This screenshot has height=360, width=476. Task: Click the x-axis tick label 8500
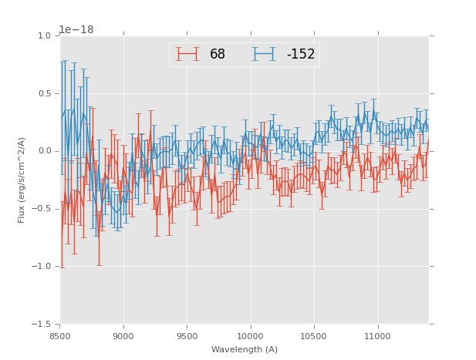click(60, 336)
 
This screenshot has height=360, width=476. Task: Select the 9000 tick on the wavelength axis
click(123, 336)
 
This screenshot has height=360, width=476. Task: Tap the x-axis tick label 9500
click(187, 336)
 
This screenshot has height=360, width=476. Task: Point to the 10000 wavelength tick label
click(250, 336)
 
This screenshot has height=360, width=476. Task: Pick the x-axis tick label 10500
click(314, 336)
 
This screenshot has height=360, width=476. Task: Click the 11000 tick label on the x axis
click(377, 336)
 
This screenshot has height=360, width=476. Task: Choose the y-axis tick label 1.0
click(43, 36)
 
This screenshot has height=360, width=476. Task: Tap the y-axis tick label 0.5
click(43, 94)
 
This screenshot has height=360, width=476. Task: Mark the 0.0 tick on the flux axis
click(43, 151)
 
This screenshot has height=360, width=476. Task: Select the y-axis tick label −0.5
click(41, 209)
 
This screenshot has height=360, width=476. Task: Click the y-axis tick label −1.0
click(41, 267)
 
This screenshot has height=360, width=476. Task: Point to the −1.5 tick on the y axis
click(41, 325)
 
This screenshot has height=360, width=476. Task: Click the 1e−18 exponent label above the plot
click(76, 29)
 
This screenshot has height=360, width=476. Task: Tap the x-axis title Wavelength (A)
click(245, 349)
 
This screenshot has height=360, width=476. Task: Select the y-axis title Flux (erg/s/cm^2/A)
click(22, 180)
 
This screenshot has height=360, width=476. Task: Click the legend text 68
click(218, 55)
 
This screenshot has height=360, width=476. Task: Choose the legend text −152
click(301, 55)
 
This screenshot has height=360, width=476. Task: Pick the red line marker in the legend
click(187, 54)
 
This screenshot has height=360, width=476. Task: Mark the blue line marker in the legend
click(265, 54)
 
